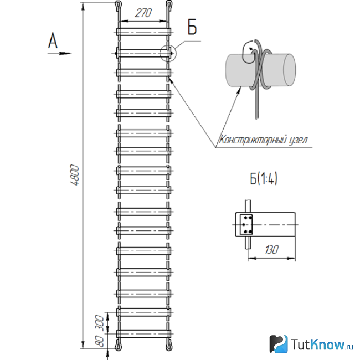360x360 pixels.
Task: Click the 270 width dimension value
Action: pyautogui.click(x=143, y=13)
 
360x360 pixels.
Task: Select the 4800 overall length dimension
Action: pyautogui.click(x=75, y=174)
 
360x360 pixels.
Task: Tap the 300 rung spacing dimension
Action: pyautogui.click(x=100, y=323)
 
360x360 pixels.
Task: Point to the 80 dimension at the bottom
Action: pyautogui.click(x=100, y=341)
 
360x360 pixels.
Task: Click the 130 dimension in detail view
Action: pyautogui.click(x=271, y=250)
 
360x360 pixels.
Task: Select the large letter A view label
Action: pyautogui.click(x=53, y=40)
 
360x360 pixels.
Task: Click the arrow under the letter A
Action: pyautogui.click(x=59, y=54)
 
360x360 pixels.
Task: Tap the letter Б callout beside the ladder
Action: pyautogui.click(x=192, y=27)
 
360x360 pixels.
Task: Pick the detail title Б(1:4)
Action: pyautogui.click(x=264, y=178)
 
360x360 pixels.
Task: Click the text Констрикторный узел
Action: pyautogui.click(x=263, y=140)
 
